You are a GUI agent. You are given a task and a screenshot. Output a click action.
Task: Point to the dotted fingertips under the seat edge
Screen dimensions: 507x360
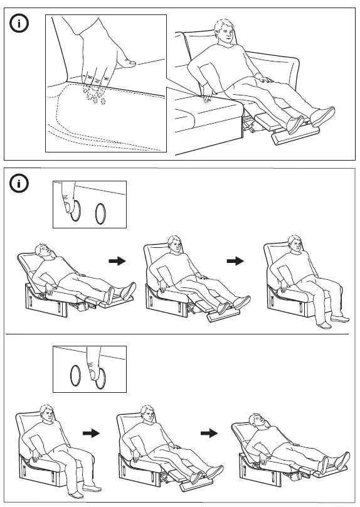94,95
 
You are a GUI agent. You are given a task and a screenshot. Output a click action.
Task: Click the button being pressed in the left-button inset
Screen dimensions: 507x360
75,211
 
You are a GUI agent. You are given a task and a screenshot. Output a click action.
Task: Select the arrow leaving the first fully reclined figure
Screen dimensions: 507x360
117,261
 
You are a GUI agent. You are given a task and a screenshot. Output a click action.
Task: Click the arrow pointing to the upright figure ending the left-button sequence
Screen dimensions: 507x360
235,261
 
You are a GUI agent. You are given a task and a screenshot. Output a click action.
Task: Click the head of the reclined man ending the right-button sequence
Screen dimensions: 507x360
256,421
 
